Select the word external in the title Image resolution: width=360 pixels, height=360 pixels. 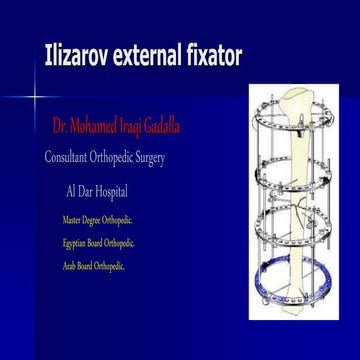point(151,57)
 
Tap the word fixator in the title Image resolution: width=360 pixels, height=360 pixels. point(215,57)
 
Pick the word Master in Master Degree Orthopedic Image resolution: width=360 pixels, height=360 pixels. point(70,219)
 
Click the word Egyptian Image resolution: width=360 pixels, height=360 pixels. point(75,242)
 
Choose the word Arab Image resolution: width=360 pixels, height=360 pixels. point(68,266)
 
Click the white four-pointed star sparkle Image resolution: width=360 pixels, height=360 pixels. point(34,98)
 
